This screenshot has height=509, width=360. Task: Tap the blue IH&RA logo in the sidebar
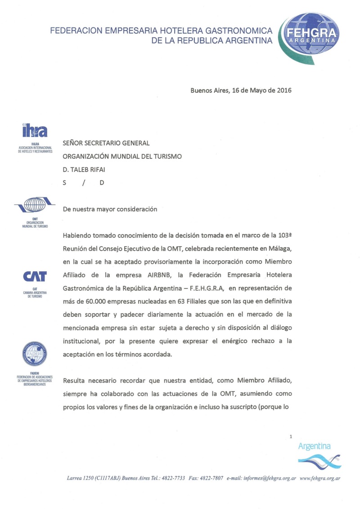pyautogui.click(x=35, y=131)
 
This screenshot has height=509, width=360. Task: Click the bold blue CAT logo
pyautogui.click(x=35, y=275)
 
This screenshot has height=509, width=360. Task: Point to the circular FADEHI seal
pyautogui.click(x=35, y=354)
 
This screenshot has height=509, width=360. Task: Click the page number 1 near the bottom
pyautogui.click(x=292, y=436)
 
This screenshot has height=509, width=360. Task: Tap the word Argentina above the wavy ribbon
pyautogui.click(x=314, y=446)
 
